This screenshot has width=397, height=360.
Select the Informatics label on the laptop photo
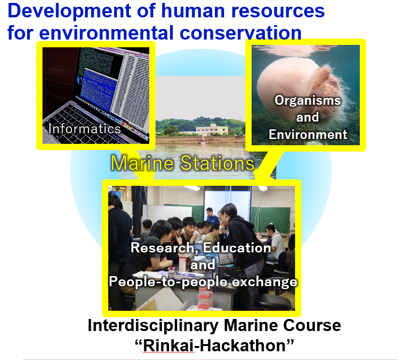pos(85,128)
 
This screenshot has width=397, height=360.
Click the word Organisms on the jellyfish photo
pos(308,100)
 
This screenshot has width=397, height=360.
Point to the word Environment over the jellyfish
pos(308,134)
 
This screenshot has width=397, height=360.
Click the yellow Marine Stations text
pos(183,163)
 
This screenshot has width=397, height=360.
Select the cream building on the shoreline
pos(212,129)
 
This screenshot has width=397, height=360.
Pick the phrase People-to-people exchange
pos(203,281)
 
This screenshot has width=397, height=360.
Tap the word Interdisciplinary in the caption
pos(153,326)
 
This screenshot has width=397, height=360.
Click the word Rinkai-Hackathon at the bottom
pos(214,346)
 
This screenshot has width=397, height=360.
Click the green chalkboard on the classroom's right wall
pos(271,220)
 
